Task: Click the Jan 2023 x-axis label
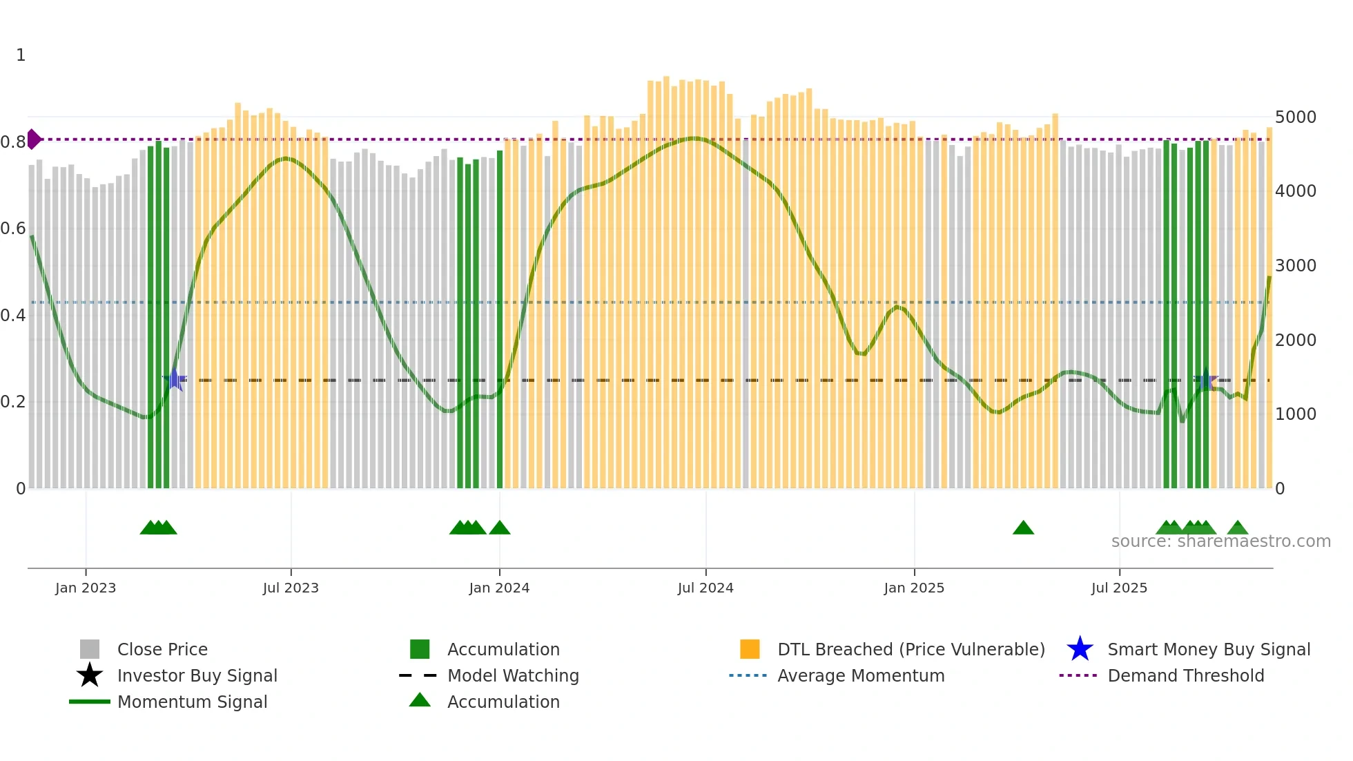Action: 86,588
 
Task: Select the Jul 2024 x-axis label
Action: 705,588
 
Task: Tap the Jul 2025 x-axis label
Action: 1119,588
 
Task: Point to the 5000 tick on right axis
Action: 1295,117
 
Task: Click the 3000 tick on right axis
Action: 1295,265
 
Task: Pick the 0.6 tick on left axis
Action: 13,229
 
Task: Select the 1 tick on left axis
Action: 21,55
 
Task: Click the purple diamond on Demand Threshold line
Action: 33,139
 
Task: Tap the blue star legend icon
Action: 1080,649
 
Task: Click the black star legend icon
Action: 90,675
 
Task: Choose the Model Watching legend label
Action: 513,675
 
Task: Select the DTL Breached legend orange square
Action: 750,649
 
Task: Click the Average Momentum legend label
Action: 861,675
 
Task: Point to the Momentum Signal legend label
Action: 192,702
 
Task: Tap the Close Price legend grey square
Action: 90,649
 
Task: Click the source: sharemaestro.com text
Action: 1220,541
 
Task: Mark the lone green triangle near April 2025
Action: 1023,528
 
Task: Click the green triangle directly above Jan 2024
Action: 500,528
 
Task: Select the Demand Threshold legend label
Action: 1185,675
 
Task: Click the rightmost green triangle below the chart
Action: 1237,528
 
